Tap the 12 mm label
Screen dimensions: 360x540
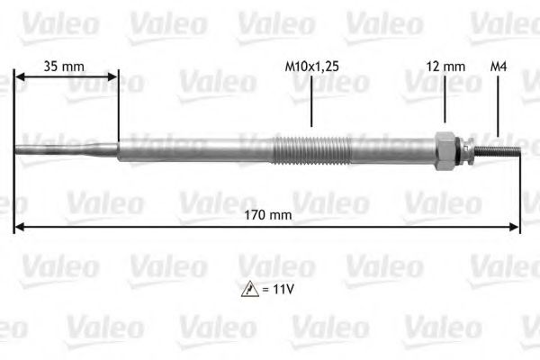(x=445, y=66)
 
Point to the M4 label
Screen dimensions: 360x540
(x=498, y=66)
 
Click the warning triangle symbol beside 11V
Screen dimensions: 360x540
(x=248, y=290)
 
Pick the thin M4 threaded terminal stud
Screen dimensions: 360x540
(x=498, y=148)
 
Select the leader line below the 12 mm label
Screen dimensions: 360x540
(x=445, y=102)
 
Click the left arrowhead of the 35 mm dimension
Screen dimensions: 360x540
(x=19, y=77)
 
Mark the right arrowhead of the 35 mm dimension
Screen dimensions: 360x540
(x=113, y=77)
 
